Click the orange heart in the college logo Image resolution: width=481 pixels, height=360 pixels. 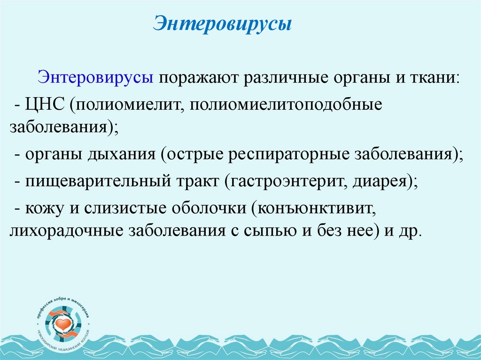[63, 324]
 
